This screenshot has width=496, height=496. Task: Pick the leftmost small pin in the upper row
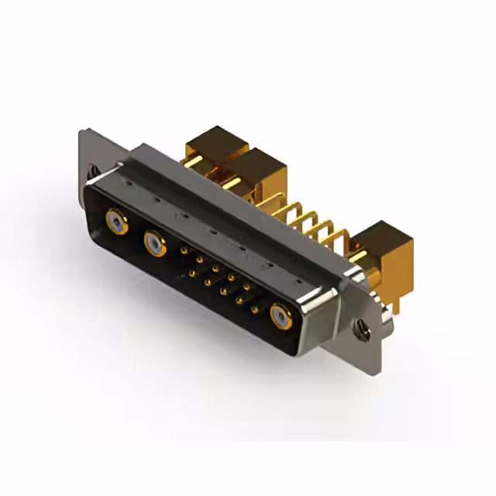(x=183, y=251)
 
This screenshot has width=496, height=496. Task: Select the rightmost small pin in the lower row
(x=255, y=308)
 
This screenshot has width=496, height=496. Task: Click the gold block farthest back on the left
(x=214, y=146)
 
